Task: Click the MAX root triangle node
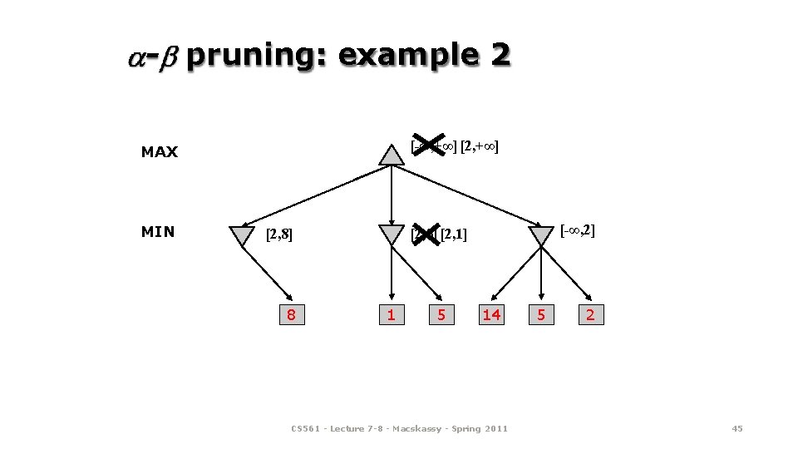(x=392, y=155)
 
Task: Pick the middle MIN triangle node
(x=391, y=235)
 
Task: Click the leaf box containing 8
(x=291, y=314)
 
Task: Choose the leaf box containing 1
(x=391, y=314)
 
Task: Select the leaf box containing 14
(x=491, y=314)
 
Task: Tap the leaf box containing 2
(x=590, y=314)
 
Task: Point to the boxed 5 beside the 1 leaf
(x=441, y=314)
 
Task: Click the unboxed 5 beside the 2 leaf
(x=541, y=314)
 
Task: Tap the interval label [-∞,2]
(x=578, y=229)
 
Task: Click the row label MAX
(x=160, y=152)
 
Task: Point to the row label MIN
(x=158, y=232)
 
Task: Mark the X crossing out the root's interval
(x=429, y=146)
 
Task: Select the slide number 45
(x=736, y=428)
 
